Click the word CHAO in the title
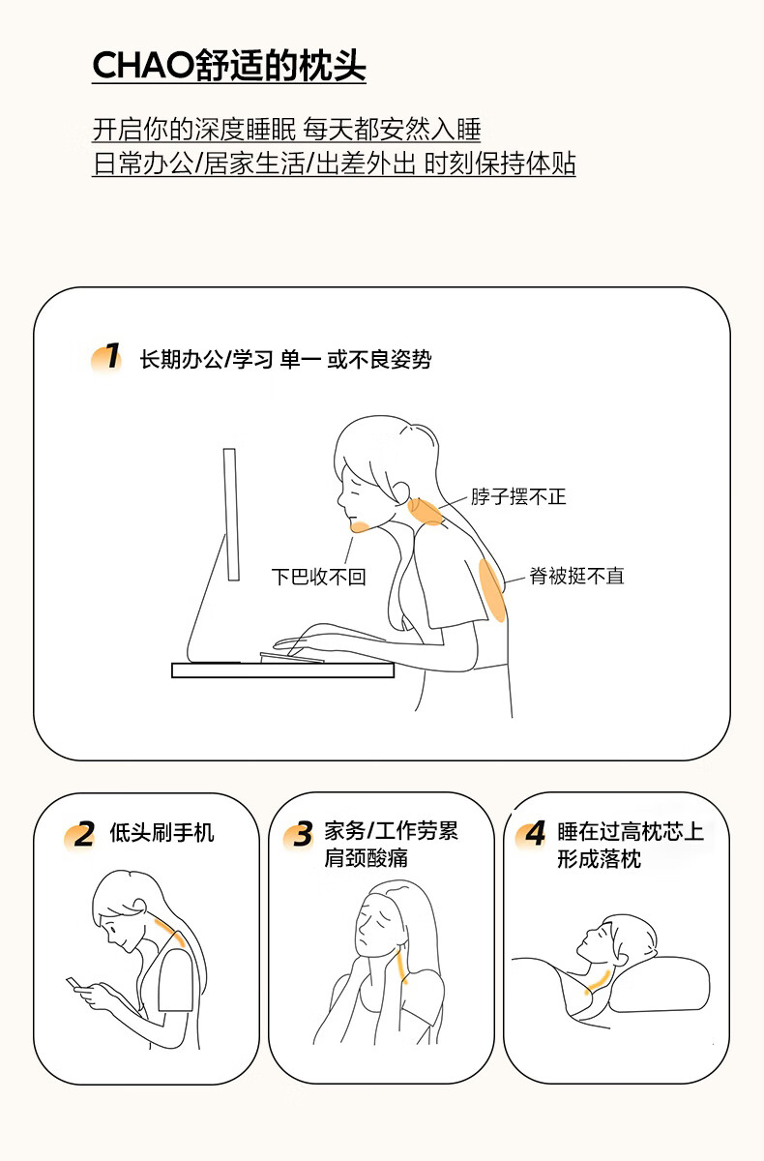click(x=143, y=66)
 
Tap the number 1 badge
click(x=107, y=357)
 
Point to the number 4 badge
click(x=532, y=834)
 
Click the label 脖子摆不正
click(x=518, y=496)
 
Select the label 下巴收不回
click(x=319, y=577)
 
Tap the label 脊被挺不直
click(x=576, y=576)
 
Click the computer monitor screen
click(x=231, y=514)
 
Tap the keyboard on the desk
click(x=292, y=657)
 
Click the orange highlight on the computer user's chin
click(x=360, y=527)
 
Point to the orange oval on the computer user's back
click(x=491, y=590)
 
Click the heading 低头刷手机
click(x=162, y=832)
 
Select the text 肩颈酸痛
click(x=366, y=858)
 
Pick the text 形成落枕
click(x=600, y=859)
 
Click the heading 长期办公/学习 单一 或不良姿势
click(x=285, y=359)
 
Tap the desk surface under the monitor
click(x=282, y=670)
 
